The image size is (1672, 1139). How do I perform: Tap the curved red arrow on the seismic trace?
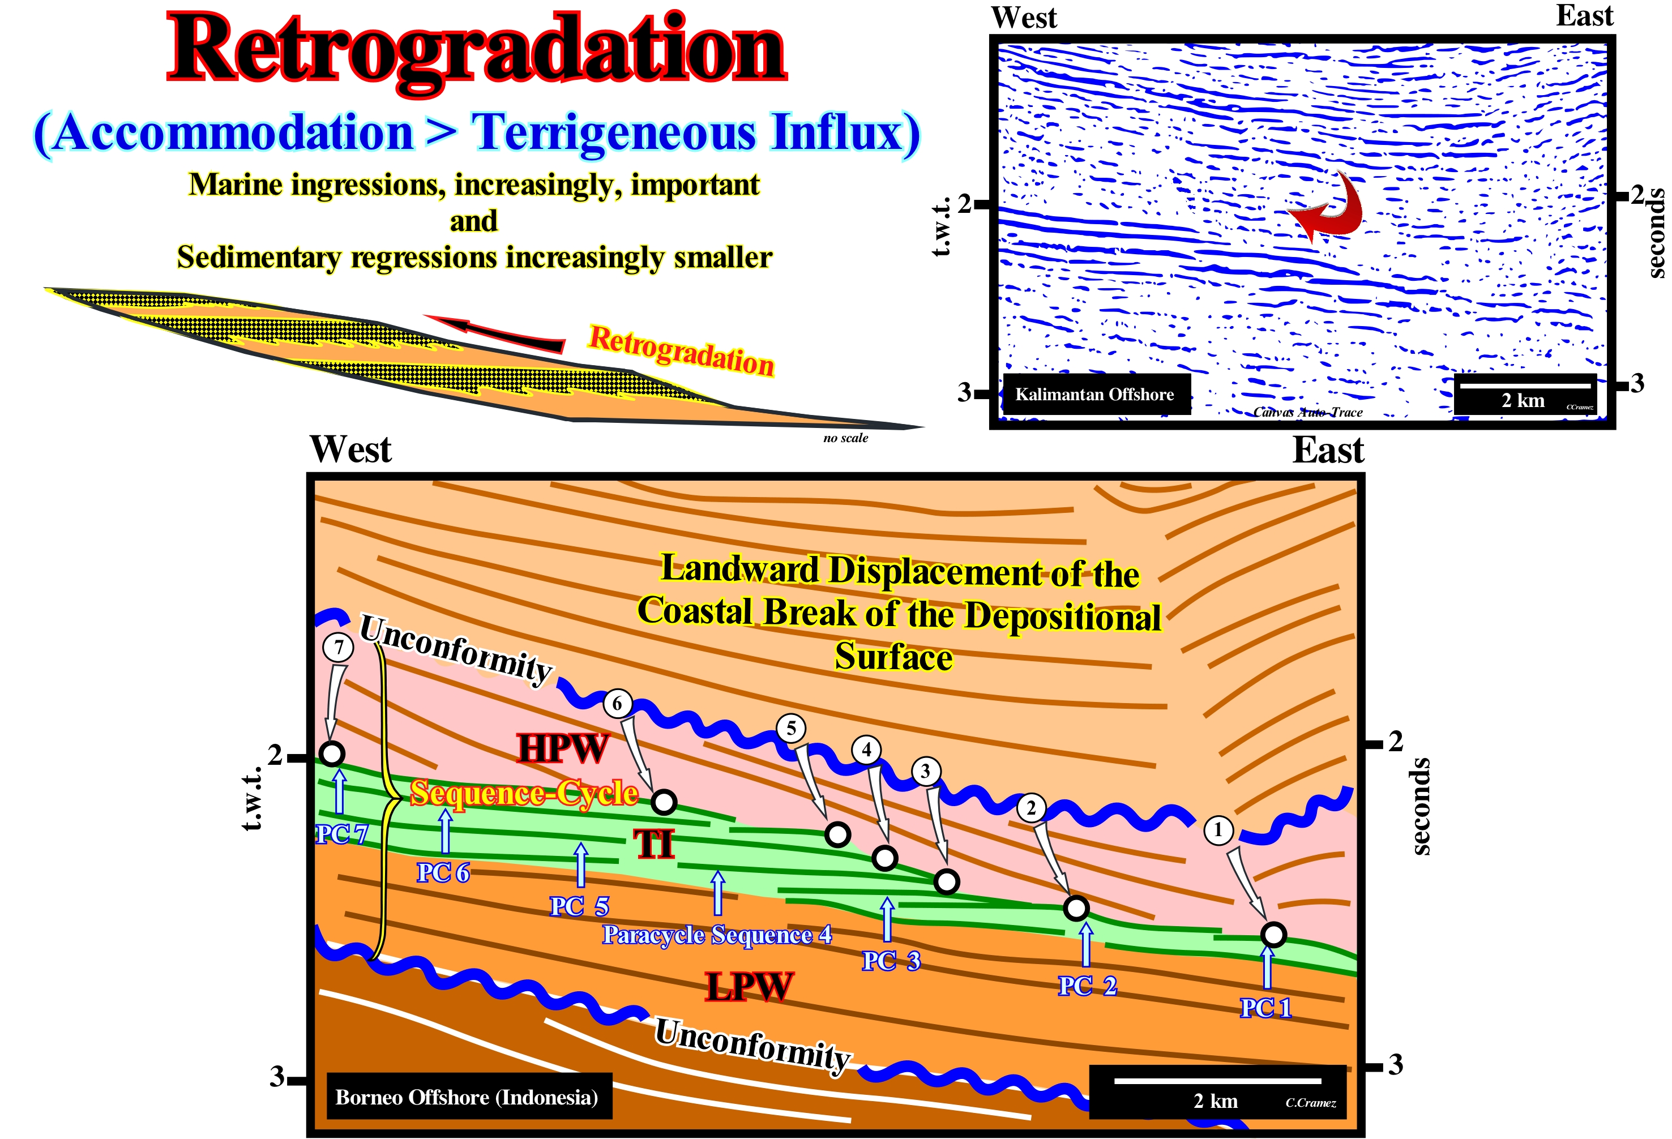pos(1329,207)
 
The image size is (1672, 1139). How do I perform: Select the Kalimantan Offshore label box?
pos(1094,395)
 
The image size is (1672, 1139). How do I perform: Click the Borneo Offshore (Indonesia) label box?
pos(468,1097)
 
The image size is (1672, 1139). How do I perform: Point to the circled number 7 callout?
pos(338,647)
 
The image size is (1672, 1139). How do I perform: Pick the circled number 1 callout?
pos(1218,829)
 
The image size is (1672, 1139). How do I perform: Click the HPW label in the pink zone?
pos(563,748)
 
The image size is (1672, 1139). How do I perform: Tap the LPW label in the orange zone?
pos(750,986)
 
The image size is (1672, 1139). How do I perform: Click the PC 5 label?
pos(579,906)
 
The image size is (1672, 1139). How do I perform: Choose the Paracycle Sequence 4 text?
pos(717,935)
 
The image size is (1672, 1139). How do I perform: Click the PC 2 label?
pos(1087,986)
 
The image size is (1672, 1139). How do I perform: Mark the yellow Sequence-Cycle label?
pos(524,793)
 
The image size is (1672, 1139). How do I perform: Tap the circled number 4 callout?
pos(866,750)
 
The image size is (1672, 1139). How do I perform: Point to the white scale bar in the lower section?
pos(1217,1081)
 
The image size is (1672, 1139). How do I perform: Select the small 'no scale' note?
pos(845,438)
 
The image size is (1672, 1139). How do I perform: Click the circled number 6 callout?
pos(617,703)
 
